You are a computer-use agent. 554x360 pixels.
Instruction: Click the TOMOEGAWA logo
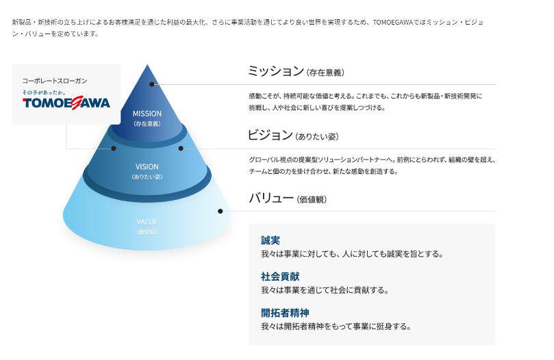pos(66,103)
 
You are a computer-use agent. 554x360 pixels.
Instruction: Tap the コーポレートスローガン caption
pos(55,80)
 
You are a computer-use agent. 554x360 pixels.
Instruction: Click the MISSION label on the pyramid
pos(147,114)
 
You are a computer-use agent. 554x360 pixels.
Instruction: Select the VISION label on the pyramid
pos(147,166)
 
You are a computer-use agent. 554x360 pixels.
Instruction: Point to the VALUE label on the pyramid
pos(147,222)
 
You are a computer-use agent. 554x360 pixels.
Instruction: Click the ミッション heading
pos(275,71)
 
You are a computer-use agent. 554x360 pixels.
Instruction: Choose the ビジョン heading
pos(270,135)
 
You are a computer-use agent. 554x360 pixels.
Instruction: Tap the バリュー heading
pos(270,198)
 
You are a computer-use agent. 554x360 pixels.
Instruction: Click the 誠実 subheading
pos(270,240)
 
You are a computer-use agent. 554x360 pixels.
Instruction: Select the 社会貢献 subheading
pos(280,277)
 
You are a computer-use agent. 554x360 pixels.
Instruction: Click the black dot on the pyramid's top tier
pos(153,85)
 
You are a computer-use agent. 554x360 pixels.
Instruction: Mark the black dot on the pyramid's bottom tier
pos(220,211)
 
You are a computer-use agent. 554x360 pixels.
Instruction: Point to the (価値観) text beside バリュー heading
pos(312,200)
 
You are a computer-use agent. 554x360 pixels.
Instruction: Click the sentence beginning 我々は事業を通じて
pos(325,290)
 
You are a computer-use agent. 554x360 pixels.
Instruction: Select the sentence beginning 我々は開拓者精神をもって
pos(336,326)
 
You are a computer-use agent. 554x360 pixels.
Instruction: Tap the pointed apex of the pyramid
pos(147,66)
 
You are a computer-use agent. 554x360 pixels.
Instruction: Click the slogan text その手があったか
pos(44,92)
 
